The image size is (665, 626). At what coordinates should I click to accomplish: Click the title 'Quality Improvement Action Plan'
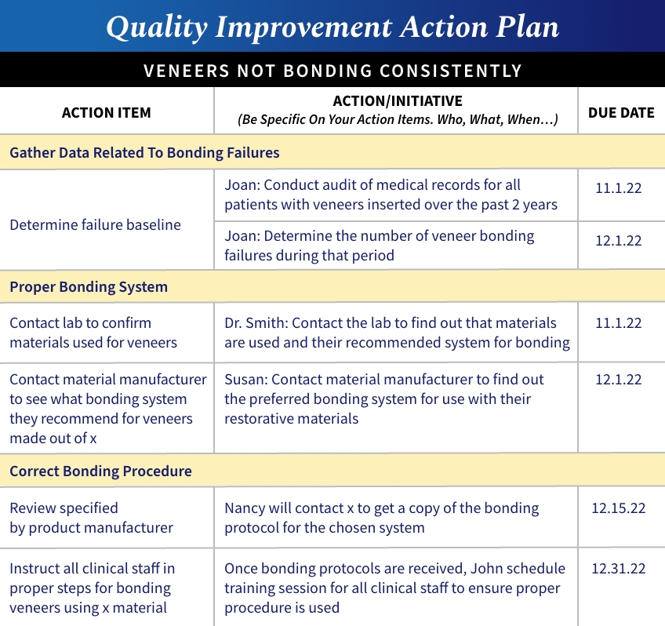coord(332,27)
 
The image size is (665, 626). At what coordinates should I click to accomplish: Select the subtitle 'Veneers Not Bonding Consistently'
coord(332,71)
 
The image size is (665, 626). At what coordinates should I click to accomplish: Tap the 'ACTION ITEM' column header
coord(107,112)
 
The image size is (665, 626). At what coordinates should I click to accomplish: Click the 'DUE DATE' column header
coord(621,112)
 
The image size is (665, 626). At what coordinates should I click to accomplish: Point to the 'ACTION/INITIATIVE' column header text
coord(398,101)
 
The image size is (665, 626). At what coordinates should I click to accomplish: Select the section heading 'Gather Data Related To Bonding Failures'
coord(144,152)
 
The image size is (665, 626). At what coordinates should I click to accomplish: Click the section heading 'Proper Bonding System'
coord(89,286)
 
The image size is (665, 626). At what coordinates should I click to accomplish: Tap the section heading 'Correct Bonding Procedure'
coord(100,471)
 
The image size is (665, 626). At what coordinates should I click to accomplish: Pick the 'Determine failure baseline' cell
coord(95,224)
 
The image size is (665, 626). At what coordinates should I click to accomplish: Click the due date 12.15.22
coord(618,508)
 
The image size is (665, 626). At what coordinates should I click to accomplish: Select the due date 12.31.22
coord(618,568)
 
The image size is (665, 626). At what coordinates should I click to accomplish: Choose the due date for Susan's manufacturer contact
coord(618,380)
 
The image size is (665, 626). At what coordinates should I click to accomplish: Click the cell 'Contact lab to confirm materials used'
coord(93,333)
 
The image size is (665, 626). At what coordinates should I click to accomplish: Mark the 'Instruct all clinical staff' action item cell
coord(92,588)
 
